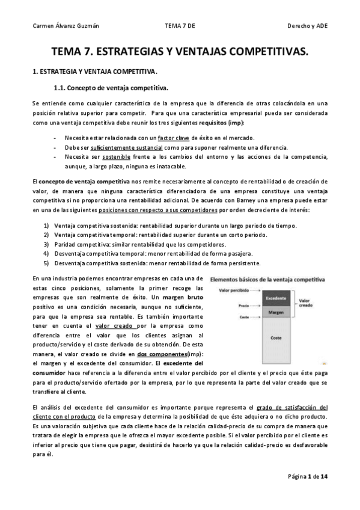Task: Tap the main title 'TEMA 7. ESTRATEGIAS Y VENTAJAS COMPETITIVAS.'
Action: tap(179, 53)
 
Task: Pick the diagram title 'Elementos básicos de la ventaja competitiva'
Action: tap(267, 280)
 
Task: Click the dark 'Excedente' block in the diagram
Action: tap(275, 298)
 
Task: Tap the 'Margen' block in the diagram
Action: tap(275, 312)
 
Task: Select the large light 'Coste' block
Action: tap(275, 338)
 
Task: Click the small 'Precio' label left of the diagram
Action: tap(243, 306)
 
